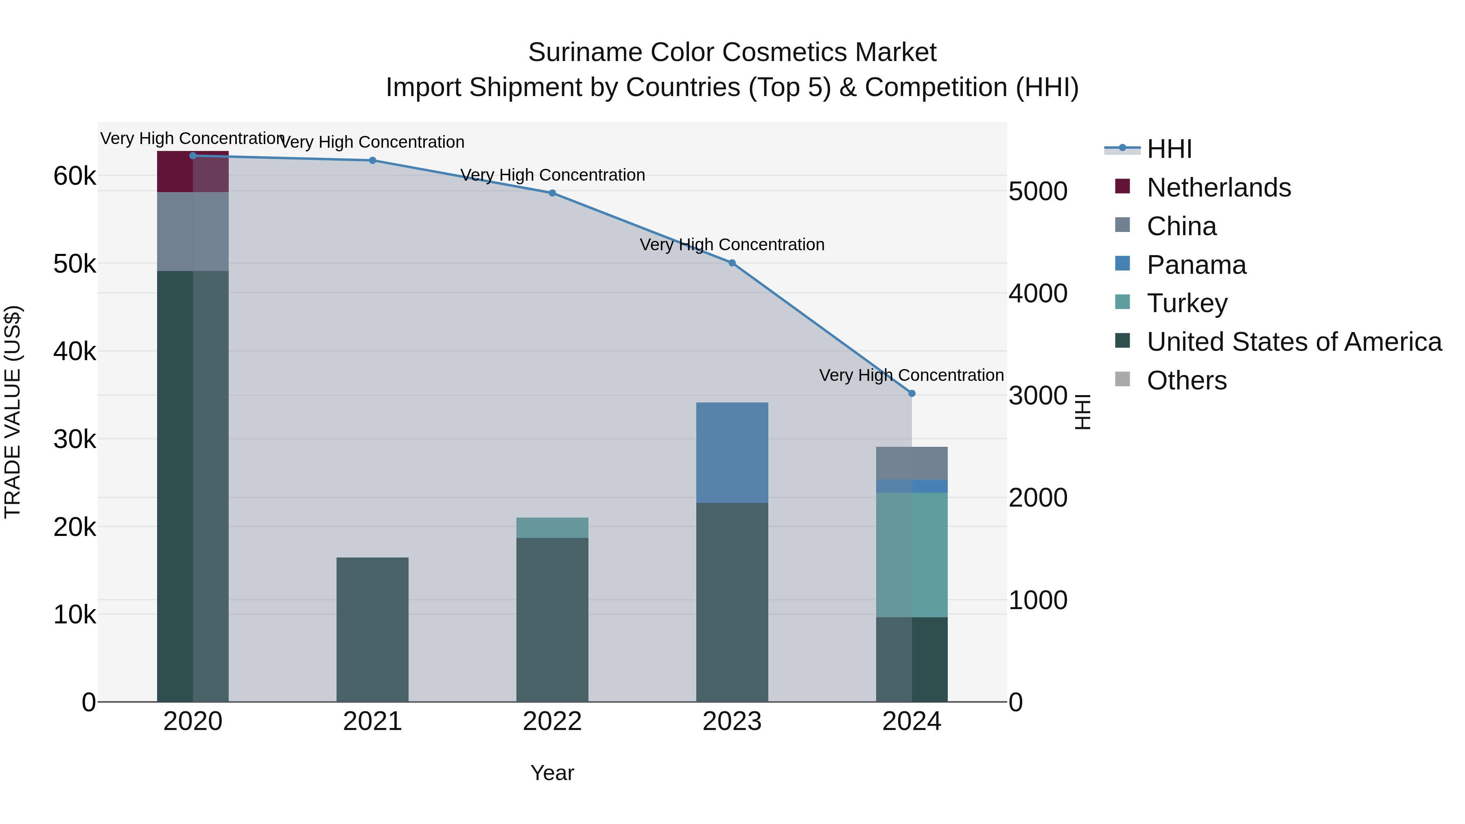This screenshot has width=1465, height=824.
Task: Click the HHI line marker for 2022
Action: (x=552, y=193)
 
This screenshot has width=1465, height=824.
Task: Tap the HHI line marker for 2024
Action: (x=912, y=393)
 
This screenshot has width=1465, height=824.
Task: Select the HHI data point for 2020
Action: (x=193, y=156)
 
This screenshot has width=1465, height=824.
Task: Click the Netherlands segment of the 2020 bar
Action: (x=193, y=172)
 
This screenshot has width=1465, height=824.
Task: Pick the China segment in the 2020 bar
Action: (x=193, y=232)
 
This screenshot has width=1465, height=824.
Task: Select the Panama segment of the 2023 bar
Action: (x=732, y=452)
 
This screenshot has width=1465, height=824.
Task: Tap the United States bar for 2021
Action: (x=372, y=629)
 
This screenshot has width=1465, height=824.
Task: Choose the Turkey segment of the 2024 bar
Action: (x=912, y=555)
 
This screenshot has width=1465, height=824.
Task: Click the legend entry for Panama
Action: (x=1196, y=265)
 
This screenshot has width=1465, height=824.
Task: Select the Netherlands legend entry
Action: (x=1218, y=188)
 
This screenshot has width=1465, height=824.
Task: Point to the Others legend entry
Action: (x=1186, y=380)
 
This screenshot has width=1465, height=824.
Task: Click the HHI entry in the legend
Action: (x=1169, y=149)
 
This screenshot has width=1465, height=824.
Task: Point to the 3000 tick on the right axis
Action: (x=1038, y=396)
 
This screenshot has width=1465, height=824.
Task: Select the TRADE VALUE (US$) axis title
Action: (x=13, y=412)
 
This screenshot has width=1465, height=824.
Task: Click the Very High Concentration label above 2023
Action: (x=732, y=245)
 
